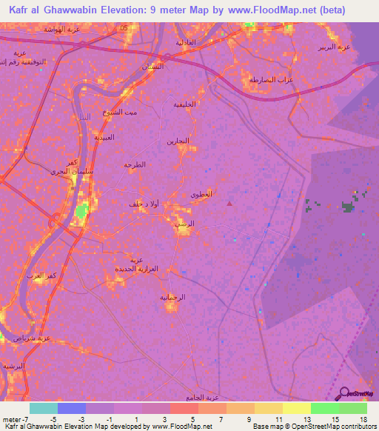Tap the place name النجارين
tap(178, 141)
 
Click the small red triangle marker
tap(229, 202)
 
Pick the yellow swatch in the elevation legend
tap(297, 408)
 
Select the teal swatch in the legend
tap(44, 408)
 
